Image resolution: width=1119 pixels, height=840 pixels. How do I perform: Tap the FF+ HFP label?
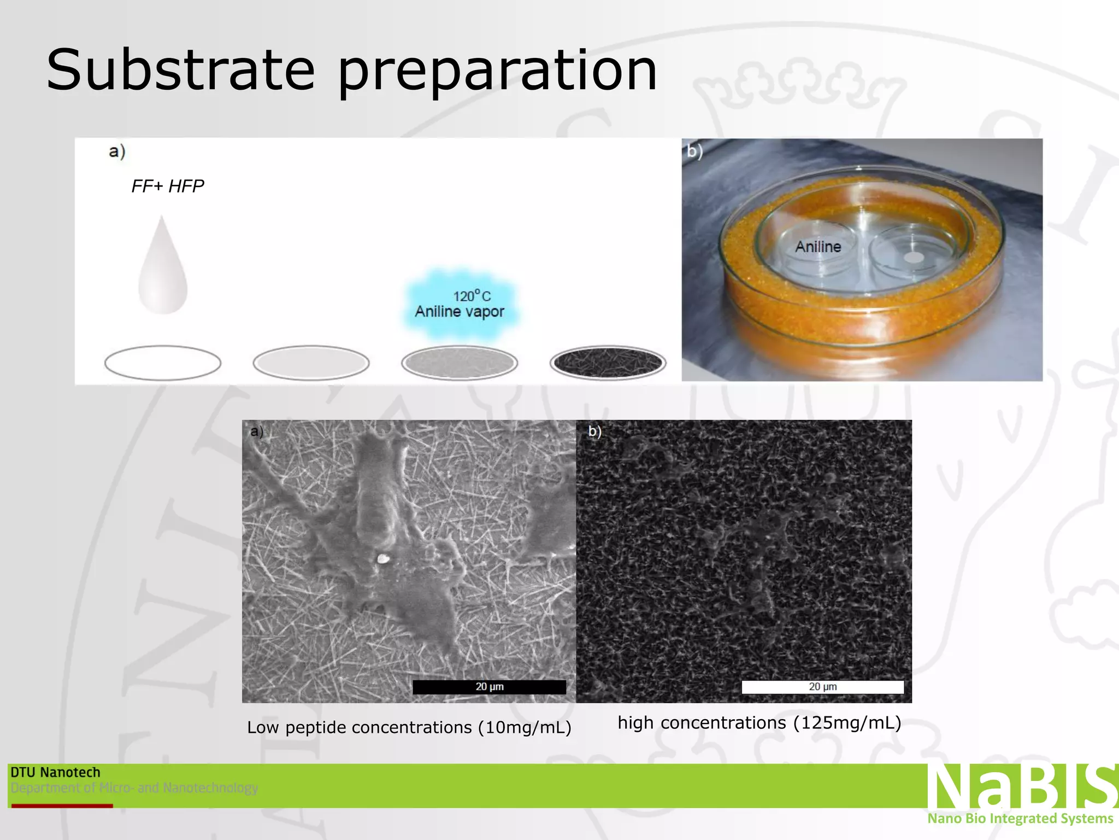(x=167, y=186)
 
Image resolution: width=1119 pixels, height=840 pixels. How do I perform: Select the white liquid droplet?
(x=163, y=269)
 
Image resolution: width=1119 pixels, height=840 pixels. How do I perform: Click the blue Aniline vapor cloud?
(x=460, y=303)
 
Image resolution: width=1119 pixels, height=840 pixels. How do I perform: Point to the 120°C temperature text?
(x=472, y=296)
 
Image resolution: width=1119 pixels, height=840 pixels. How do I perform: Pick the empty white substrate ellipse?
(x=163, y=363)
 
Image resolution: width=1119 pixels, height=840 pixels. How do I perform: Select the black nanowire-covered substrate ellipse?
(x=608, y=363)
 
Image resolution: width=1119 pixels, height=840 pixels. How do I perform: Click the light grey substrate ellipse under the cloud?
(x=460, y=363)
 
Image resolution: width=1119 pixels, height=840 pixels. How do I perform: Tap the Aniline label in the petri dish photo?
(x=818, y=247)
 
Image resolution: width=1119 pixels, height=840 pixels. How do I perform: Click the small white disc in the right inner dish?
(x=913, y=257)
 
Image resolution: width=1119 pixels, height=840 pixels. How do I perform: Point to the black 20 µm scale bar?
(x=489, y=687)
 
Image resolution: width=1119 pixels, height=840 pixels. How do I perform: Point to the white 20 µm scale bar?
(x=822, y=687)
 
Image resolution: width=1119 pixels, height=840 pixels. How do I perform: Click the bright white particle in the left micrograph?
(x=383, y=559)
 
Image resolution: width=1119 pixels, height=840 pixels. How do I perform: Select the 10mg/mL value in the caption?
(x=524, y=727)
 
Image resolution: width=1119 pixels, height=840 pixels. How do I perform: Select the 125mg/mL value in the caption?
(x=846, y=723)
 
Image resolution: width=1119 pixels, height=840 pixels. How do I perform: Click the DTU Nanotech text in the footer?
(x=56, y=772)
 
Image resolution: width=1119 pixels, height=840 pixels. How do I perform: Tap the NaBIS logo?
(x=1021, y=786)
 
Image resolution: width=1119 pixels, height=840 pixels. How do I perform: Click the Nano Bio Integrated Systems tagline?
(x=1020, y=819)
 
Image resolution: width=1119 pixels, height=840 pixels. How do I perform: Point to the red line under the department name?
(x=62, y=806)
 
